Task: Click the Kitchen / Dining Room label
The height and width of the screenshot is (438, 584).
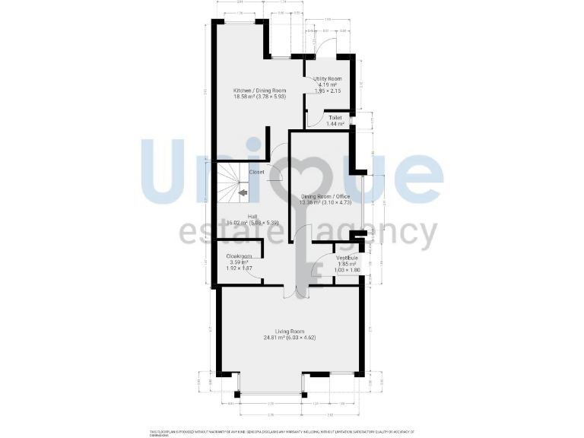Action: point(259,90)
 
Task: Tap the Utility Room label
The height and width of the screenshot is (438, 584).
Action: point(328,79)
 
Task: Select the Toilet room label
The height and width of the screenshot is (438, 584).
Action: point(335,118)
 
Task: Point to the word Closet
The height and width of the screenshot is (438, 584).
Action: point(256,172)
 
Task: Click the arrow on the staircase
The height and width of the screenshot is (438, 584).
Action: point(243,193)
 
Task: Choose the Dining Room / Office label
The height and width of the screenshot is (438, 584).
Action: point(325,196)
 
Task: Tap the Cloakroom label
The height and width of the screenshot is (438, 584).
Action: point(239,256)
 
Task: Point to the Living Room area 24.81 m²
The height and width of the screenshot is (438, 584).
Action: point(276,337)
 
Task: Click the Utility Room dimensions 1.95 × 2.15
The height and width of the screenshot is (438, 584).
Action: point(328,91)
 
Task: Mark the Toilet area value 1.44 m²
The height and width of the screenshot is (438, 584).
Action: point(335,124)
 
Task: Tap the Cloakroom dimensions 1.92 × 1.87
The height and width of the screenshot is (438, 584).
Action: point(239,269)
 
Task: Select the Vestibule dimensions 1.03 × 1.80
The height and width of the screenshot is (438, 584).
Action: point(347,270)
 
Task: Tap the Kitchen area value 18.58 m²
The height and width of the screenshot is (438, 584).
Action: point(245,97)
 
